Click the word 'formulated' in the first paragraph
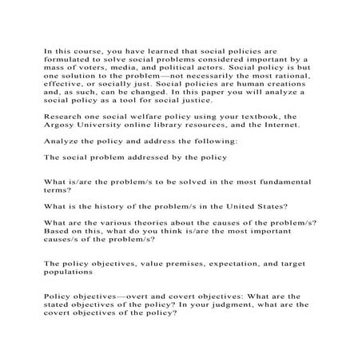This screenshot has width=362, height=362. tap(69, 59)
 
